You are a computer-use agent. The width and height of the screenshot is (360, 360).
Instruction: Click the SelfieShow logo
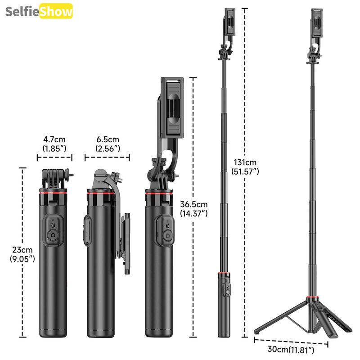(39, 12)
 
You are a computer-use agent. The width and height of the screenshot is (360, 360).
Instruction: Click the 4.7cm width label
(54, 139)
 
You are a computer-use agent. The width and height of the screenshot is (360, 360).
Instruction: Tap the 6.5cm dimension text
(107, 139)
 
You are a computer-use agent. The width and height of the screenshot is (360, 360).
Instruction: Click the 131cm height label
(245, 162)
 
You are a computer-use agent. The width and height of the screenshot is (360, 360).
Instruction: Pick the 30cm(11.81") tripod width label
(291, 349)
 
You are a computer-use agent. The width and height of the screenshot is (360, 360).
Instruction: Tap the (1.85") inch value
(54, 148)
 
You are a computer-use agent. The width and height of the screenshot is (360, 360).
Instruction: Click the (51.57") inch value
(245, 171)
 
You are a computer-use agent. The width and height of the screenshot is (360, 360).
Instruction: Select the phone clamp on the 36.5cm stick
(172, 108)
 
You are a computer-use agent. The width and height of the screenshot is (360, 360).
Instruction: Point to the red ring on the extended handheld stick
(224, 274)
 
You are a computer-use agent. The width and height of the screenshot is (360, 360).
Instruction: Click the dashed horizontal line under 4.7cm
(54, 158)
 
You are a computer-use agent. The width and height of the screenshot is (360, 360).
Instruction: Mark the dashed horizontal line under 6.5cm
(107, 158)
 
